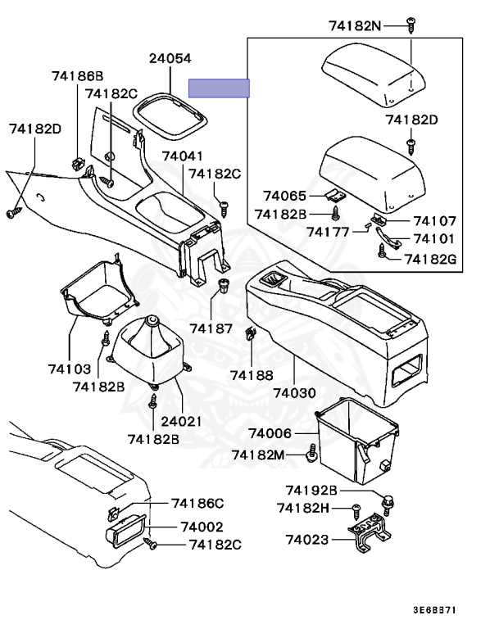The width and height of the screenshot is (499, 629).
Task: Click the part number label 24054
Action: (170, 59)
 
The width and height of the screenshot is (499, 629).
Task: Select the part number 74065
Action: (284, 197)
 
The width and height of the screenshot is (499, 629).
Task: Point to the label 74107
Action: (434, 221)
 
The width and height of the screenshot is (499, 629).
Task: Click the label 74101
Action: (434, 239)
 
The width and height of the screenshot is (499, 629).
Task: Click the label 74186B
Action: (77, 76)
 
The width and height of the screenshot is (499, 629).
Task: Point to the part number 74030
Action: (294, 393)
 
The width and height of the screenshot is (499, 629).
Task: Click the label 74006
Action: (270, 433)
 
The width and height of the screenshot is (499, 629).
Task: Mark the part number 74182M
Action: (258, 455)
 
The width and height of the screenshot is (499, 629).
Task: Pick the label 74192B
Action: (311, 491)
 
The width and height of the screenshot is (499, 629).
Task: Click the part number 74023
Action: (307, 540)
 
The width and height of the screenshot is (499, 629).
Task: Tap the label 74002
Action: (202, 527)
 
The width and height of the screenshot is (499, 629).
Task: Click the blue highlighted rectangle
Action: (219, 88)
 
